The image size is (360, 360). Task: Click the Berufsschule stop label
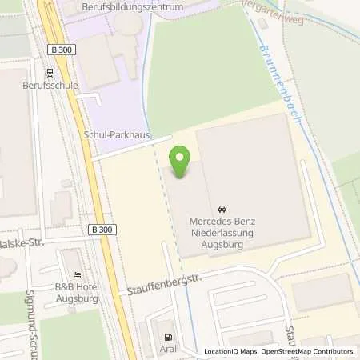pyautogui.click(x=47, y=84)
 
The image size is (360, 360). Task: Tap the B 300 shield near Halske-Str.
pyautogui.click(x=101, y=230)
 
